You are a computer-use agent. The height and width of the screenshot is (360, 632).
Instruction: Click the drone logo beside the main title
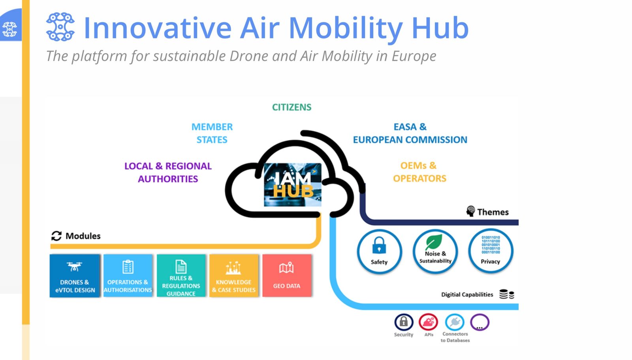pyautogui.click(x=60, y=27)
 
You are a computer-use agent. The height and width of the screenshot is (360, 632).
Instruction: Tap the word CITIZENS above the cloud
pyautogui.click(x=292, y=107)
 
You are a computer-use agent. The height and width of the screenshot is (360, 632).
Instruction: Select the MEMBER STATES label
pyautogui.click(x=212, y=133)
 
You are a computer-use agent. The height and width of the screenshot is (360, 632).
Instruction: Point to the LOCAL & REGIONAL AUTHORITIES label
pyautogui.click(x=168, y=172)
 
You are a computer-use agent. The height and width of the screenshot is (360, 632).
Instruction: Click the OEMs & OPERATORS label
pyautogui.click(x=419, y=172)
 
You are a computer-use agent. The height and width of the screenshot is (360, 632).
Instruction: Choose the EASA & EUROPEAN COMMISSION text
pyautogui.click(x=410, y=133)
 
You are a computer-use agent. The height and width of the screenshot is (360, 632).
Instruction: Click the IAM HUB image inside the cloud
pyautogui.click(x=293, y=185)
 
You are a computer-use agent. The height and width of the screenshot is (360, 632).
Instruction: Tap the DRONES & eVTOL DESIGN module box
pyautogui.click(x=75, y=276)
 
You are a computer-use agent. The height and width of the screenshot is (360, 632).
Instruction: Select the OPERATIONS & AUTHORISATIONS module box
pyautogui.click(x=128, y=276)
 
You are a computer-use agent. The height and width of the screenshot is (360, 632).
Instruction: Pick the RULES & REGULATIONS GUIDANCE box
pyautogui.click(x=181, y=276)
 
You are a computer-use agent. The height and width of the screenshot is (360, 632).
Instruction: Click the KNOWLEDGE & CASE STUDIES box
pyautogui.click(x=234, y=276)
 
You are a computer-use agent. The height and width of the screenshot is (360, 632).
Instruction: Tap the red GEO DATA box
pyautogui.click(x=287, y=276)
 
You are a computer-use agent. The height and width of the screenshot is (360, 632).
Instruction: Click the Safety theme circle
pyautogui.click(x=379, y=251)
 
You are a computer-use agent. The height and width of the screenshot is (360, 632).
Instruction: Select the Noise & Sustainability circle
pyautogui.click(x=435, y=251)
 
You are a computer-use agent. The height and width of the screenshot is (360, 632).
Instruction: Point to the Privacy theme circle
pyautogui.click(x=491, y=251)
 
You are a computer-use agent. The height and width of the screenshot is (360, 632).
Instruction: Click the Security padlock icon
pyautogui.click(x=404, y=322)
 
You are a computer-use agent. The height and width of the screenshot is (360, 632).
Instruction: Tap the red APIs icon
pyautogui.click(x=428, y=322)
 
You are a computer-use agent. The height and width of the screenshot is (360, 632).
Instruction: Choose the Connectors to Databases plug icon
pyautogui.click(x=455, y=322)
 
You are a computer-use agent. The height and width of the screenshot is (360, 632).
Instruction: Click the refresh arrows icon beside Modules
pyautogui.click(x=56, y=236)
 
